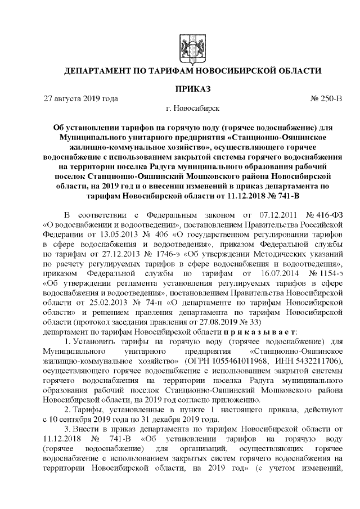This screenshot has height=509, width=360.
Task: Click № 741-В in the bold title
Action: [285, 197]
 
